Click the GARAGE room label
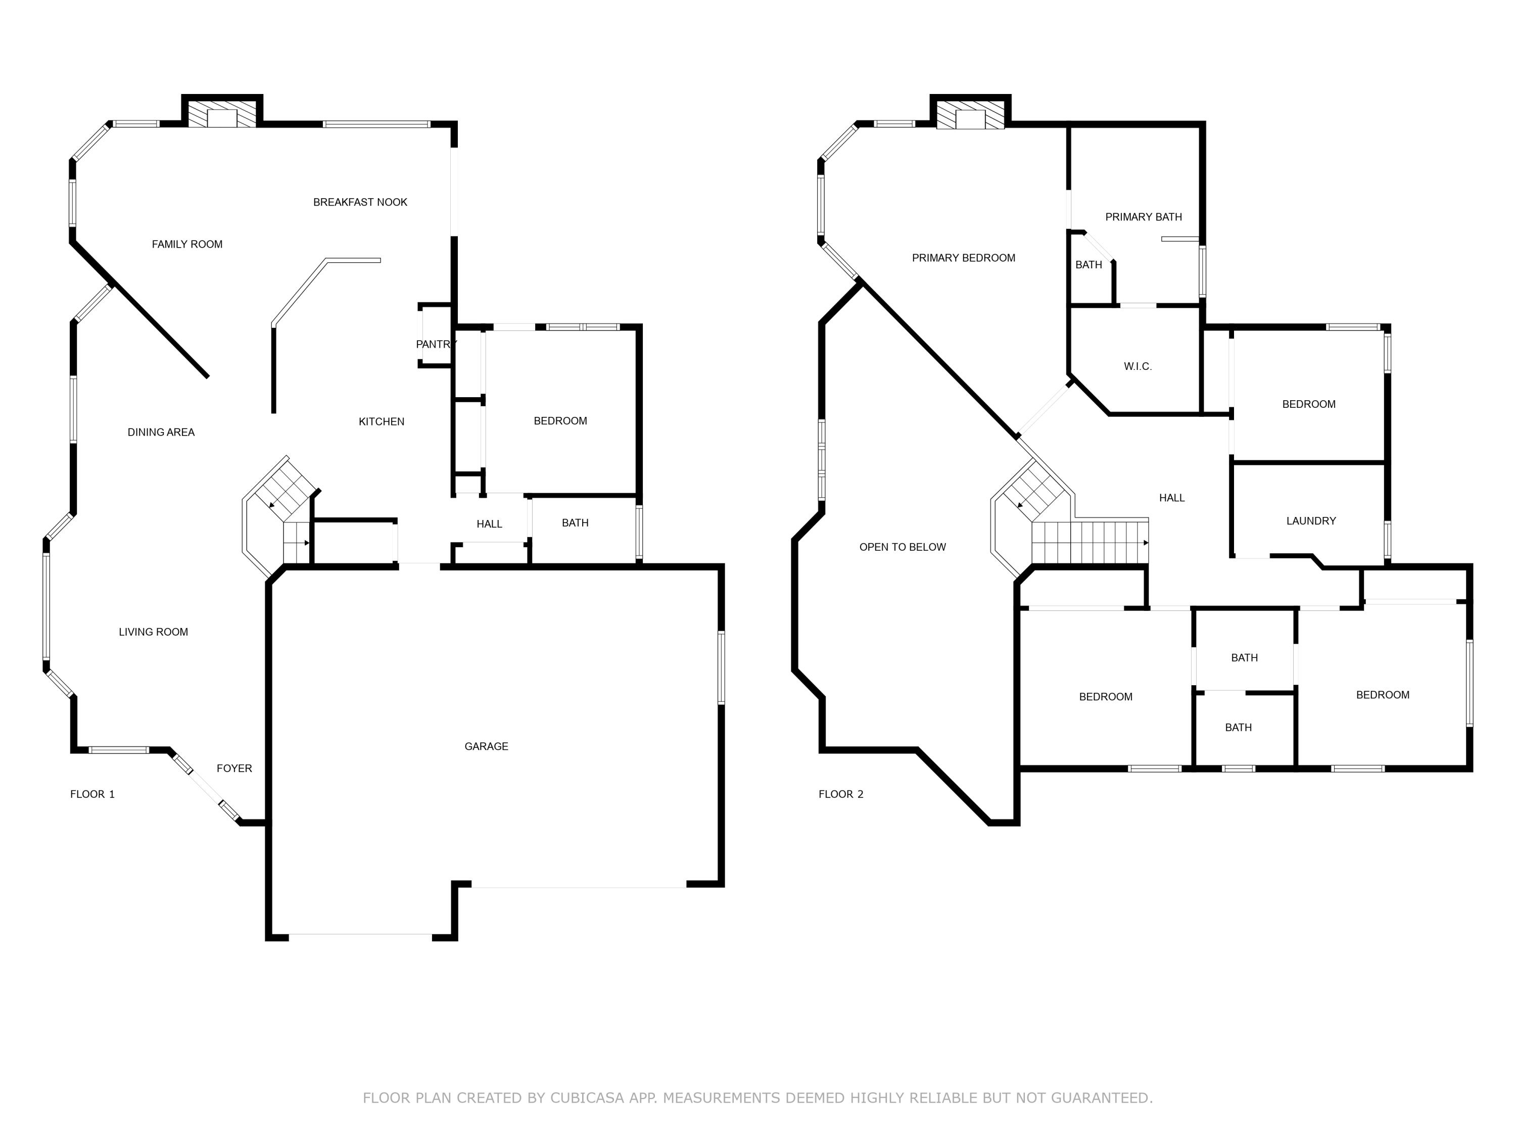(486, 746)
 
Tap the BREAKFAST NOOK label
(360, 202)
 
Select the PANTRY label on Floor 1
(436, 344)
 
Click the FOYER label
(234, 768)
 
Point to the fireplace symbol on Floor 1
(221, 114)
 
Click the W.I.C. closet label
(1138, 367)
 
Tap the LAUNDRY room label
(1311, 521)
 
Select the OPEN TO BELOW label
(902, 547)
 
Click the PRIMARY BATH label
(1143, 217)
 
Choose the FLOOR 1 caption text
(92, 794)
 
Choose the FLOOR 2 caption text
(841, 794)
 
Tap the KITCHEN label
(381, 421)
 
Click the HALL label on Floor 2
(1172, 498)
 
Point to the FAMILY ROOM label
(187, 244)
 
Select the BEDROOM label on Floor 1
(560, 421)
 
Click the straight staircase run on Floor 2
(1089, 542)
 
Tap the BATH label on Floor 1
(575, 523)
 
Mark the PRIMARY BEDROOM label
(963, 258)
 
